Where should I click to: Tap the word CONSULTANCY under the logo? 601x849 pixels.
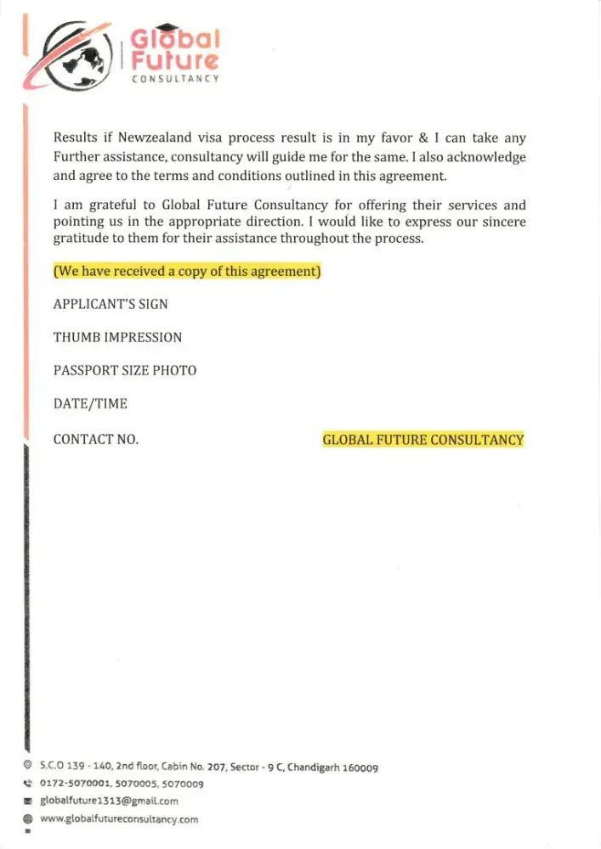tap(175, 78)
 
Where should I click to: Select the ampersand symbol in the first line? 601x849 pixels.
tap(423, 138)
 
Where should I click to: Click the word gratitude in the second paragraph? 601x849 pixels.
tap(82, 239)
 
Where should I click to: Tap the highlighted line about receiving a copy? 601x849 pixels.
tap(187, 272)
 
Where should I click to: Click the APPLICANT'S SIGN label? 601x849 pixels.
tap(111, 304)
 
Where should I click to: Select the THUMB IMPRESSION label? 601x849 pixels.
tap(117, 337)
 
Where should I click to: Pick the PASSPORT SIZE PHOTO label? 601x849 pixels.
tap(125, 370)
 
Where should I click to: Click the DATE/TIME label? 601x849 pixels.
tap(90, 404)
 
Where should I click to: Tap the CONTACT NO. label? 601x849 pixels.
tap(95, 439)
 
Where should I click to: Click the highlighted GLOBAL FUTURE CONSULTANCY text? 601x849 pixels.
tap(423, 440)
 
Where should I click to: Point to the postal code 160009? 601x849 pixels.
tap(360, 767)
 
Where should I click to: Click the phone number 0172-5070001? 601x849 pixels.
tap(71, 784)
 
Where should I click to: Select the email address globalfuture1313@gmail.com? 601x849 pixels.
tap(110, 801)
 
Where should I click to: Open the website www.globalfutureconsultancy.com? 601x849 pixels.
tap(119, 819)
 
